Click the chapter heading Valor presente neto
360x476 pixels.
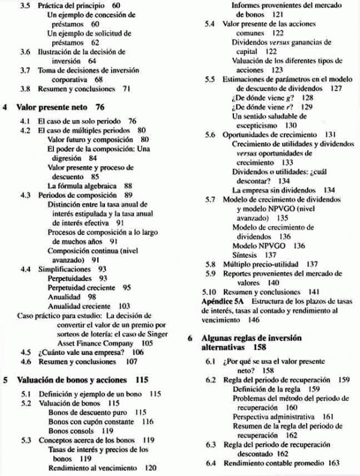(53, 107)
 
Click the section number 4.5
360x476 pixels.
(25, 353)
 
